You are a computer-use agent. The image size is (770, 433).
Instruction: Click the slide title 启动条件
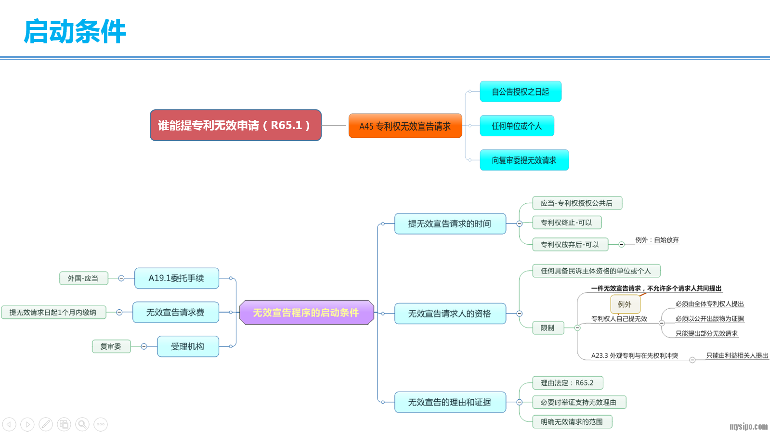(75, 32)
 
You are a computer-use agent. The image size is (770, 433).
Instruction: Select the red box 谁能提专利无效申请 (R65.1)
(235, 125)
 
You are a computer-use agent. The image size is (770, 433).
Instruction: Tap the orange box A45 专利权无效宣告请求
(405, 126)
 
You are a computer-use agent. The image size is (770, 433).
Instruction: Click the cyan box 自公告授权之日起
(520, 92)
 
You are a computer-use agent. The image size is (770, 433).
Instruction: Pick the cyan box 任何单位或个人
(517, 126)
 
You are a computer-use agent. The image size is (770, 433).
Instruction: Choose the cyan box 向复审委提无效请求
(524, 160)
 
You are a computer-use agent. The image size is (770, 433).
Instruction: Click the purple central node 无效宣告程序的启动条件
(306, 313)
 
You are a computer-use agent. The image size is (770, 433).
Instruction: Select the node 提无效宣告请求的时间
(450, 223)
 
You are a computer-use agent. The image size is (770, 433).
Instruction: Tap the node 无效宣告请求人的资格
(450, 314)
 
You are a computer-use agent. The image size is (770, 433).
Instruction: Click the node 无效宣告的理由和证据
(450, 402)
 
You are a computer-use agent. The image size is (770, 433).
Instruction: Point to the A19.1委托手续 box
(176, 278)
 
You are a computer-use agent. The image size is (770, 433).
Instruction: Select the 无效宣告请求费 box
(175, 313)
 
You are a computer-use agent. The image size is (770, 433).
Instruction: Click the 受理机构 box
(188, 346)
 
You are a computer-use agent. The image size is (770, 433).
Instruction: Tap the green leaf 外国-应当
(83, 278)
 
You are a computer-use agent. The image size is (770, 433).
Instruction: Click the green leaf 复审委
(111, 346)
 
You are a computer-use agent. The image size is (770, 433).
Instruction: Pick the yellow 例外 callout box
(625, 304)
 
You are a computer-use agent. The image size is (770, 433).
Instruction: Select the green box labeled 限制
(548, 328)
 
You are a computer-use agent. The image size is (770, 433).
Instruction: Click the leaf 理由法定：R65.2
(567, 383)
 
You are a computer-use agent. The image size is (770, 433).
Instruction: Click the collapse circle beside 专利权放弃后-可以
(622, 245)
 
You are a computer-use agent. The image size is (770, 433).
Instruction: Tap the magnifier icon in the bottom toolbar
(82, 424)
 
